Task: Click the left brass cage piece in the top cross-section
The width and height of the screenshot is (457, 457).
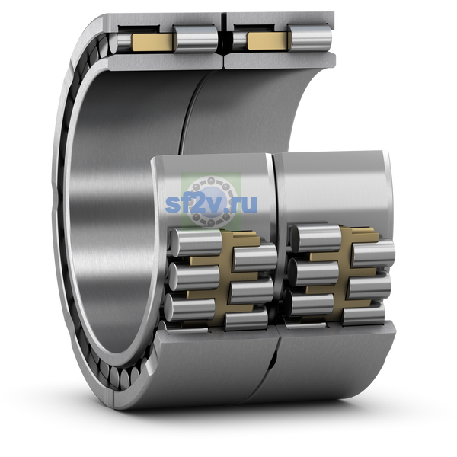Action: (x=152, y=42)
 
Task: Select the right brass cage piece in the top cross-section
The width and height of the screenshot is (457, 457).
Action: (x=268, y=40)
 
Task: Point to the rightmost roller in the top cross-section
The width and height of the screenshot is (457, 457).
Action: (x=310, y=37)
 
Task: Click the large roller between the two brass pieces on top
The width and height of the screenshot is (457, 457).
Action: (x=196, y=39)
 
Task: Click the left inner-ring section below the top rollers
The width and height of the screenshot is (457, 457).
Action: (x=165, y=62)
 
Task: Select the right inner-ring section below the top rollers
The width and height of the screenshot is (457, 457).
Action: (x=280, y=60)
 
